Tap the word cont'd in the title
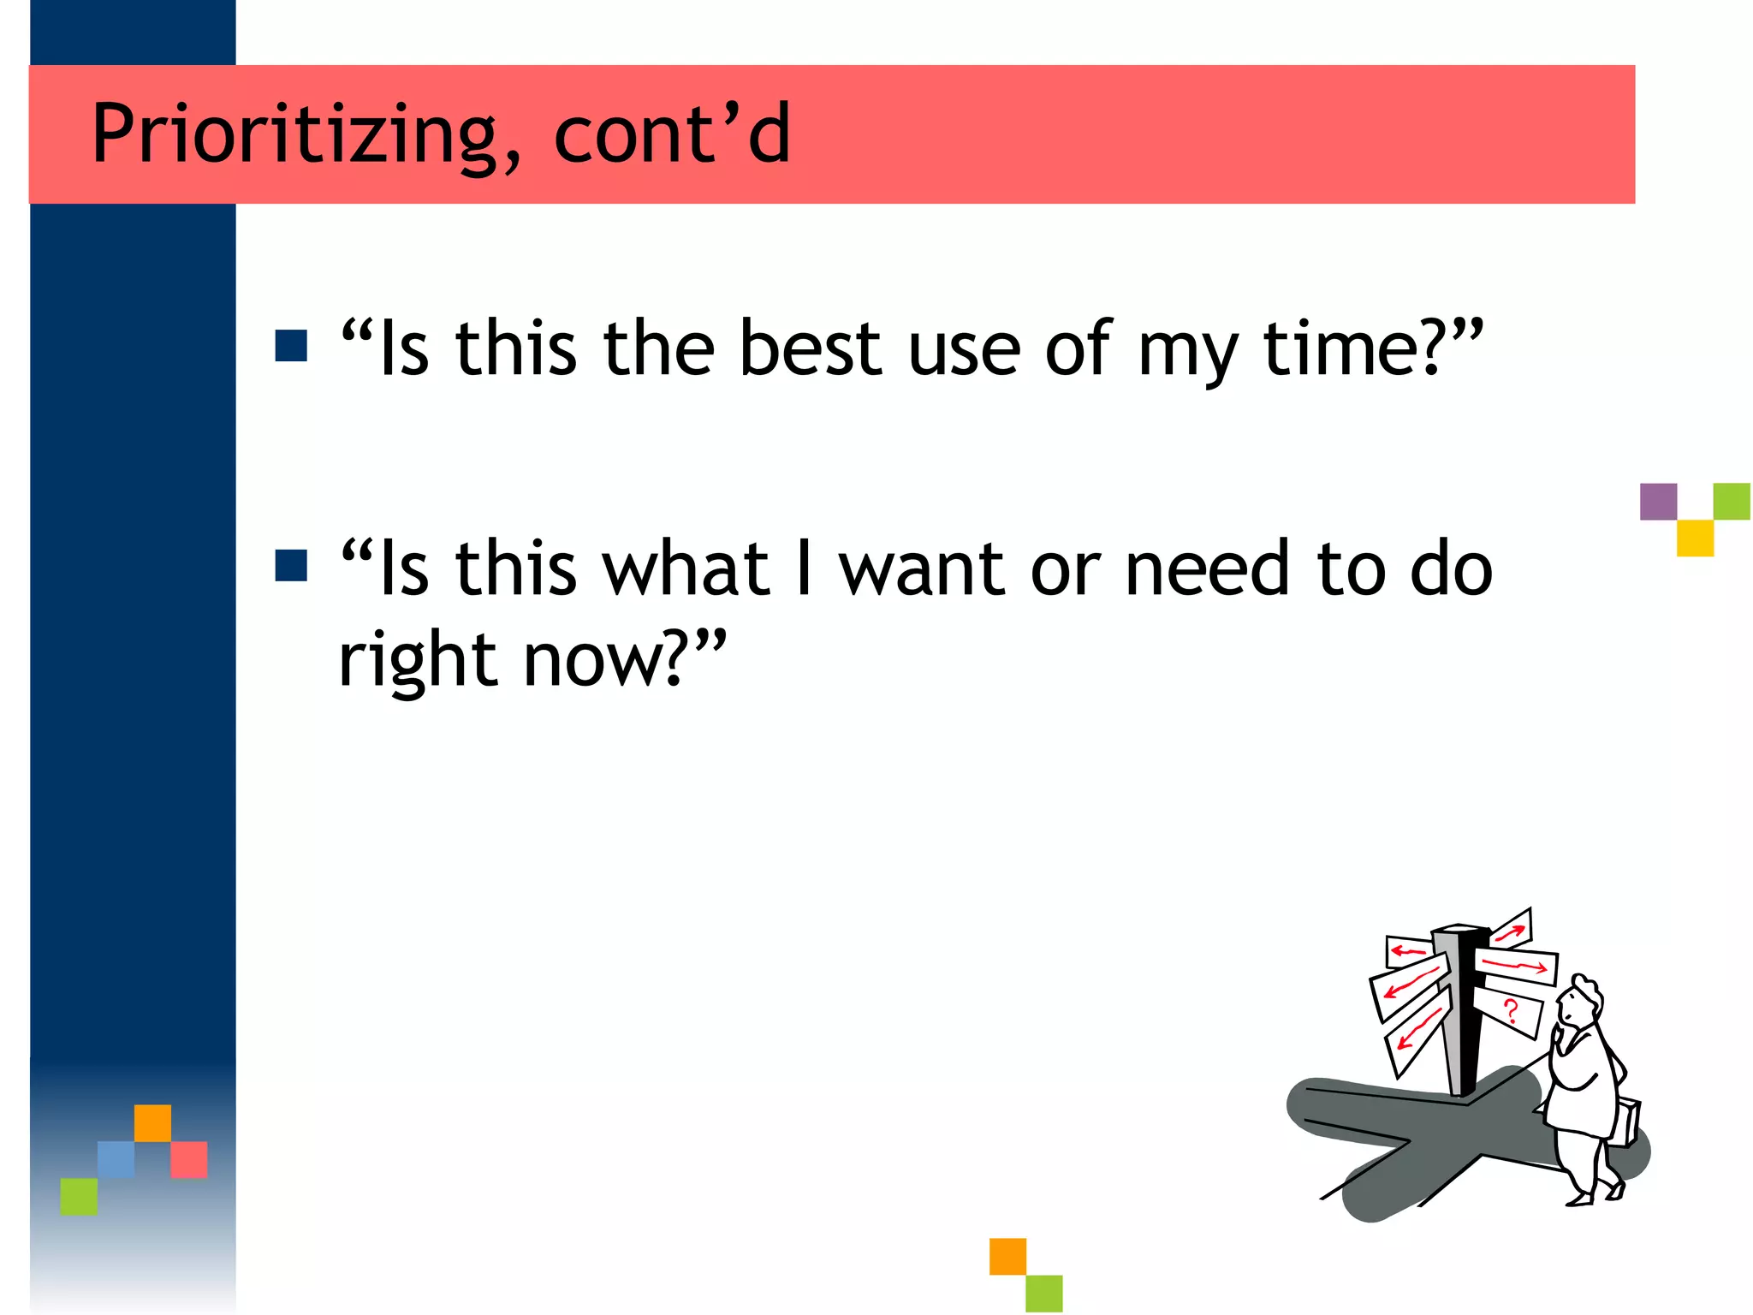pos(672,134)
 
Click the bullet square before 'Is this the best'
pos(291,346)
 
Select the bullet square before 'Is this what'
pos(291,566)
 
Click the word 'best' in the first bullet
pos(810,348)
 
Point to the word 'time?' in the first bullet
pos(1361,348)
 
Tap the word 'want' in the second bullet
pos(921,568)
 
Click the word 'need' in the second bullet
pos(1207,568)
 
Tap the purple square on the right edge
pos(1658,502)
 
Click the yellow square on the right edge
pos(1695,538)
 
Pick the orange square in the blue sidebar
pos(152,1123)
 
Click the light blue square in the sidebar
pos(116,1159)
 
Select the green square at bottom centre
pos(1043,1293)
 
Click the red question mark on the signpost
pos(1511,1011)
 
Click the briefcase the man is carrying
pos(1626,1122)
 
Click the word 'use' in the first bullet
pos(964,348)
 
